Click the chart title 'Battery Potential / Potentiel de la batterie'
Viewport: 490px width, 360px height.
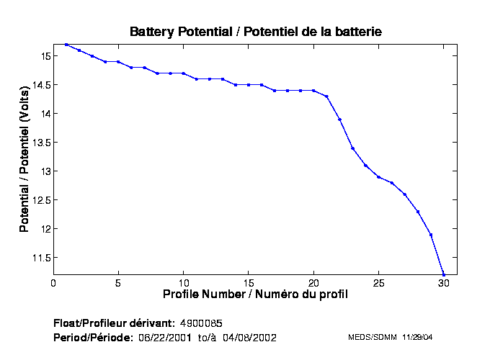pyautogui.click(x=255, y=32)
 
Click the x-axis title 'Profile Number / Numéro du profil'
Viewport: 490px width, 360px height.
pyautogui.click(x=255, y=294)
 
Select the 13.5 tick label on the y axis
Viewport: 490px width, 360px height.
pyautogui.click(x=40, y=143)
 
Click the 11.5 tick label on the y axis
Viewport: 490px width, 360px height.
pyautogui.click(x=40, y=258)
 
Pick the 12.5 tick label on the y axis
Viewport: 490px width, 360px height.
pyautogui.click(x=40, y=200)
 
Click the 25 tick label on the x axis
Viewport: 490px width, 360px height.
pyautogui.click(x=378, y=283)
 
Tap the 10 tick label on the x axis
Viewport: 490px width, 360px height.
pyautogui.click(x=184, y=283)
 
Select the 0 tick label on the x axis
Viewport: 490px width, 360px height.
pyautogui.click(x=53, y=283)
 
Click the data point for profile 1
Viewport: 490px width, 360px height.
pyautogui.click(x=66, y=45)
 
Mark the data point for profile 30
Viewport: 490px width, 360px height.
pyautogui.click(x=444, y=275)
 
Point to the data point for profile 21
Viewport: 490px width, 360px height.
pyautogui.click(x=326, y=96)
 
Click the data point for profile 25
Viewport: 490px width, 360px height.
pyautogui.click(x=378, y=177)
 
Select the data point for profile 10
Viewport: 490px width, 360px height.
pyautogui.click(x=184, y=73)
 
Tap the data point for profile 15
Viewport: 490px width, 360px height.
pyautogui.click(x=249, y=85)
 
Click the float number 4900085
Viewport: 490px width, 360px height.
pyautogui.click(x=205, y=323)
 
